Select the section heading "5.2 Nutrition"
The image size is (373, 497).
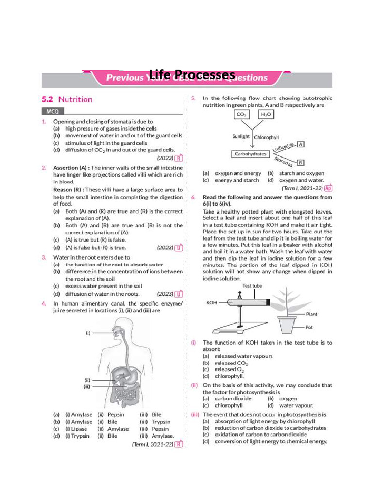point(67,99)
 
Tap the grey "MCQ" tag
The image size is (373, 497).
point(51,111)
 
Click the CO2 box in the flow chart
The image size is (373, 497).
point(241,115)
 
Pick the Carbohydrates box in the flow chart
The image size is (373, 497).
point(250,154)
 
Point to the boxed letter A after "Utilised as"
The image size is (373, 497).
point(301,144)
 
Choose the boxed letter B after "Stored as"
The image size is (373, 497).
point(300,162)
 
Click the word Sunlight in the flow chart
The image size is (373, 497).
point(241,137)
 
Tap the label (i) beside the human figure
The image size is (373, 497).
point(88,333)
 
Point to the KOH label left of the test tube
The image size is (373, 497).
point(212,302)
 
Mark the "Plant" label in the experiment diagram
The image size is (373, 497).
point(311,314)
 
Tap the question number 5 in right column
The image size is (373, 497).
point(193,98)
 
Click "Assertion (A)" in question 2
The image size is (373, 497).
point(71,167)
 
